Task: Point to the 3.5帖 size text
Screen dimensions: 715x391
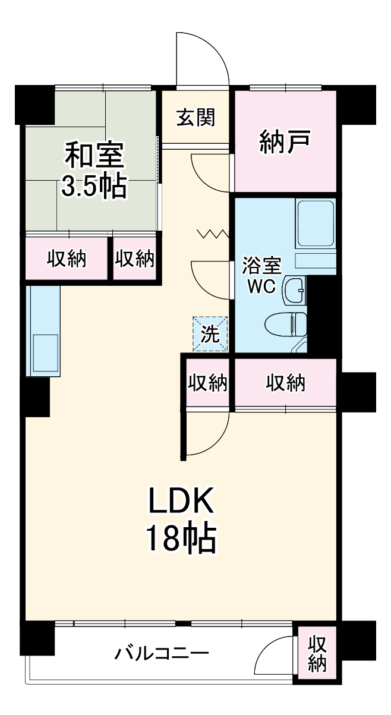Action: pyautogui.click(x=94, y=187)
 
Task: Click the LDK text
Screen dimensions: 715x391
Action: pyautogui.click(x=180, y=503)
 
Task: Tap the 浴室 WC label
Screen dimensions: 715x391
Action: pyautogui.click(x=261, y=275)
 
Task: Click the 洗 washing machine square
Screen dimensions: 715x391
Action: pyautogui.click(x=209, y=333)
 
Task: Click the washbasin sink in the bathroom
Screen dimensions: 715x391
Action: pyautogui.click(x=295, y=291)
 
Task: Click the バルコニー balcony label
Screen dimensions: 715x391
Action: pyautogui.click(x=162, y=654)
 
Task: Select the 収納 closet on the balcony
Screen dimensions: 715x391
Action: pyautogui.click(x=317, y=654)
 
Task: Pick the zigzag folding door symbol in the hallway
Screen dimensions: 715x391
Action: pyautogui.click(x=213, y=234)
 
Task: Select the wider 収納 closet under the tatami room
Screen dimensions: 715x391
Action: pyautogui.click(x=67, y=259)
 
